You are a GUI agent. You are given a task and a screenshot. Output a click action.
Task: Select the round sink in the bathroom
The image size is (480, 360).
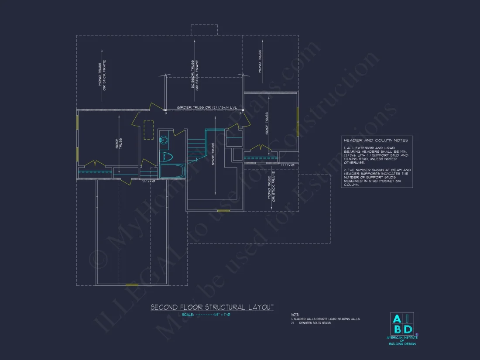(x=164, y=140)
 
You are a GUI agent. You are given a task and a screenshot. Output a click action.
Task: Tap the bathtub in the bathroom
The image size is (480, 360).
(x=171, y=171)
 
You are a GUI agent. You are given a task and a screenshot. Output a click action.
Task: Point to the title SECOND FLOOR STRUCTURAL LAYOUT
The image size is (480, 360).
(x=212, y=308)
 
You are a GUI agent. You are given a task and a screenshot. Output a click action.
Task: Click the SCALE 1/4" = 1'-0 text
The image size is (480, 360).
(x=204, y=315)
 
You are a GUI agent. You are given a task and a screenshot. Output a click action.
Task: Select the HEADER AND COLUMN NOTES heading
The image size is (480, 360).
(x=376, y=140)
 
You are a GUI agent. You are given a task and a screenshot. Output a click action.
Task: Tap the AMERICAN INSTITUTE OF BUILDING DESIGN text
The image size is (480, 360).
(x=402, y=340)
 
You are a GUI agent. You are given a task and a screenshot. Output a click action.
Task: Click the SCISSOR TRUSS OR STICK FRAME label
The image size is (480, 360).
(x=195, y=75)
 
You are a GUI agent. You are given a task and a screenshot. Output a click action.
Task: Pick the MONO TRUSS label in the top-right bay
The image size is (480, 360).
(x=260, y=61)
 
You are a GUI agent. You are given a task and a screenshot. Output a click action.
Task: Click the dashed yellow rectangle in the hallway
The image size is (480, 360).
(x=148, y=130)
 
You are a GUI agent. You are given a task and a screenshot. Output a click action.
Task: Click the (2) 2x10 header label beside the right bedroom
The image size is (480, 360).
(x=288, y=165)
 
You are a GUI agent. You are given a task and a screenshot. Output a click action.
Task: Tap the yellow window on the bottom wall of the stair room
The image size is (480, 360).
(x=223, y=211)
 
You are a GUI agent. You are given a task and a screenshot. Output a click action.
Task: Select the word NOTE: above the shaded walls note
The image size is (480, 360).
(x=295, y=314)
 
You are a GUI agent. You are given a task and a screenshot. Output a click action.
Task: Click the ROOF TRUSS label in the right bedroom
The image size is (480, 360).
(x=267, y=123)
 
